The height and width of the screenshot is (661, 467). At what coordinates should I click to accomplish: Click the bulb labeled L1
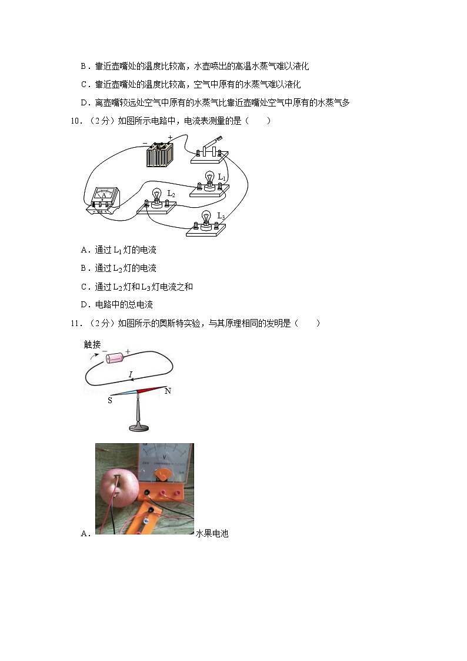coord(209,179)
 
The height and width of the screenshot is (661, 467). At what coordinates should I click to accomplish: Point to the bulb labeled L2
coord(156,197)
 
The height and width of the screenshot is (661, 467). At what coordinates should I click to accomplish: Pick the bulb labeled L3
coord(206,220)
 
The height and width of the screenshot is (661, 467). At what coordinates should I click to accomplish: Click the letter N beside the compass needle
coord(168,391)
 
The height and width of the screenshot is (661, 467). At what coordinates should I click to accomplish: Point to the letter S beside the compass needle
coord(109,400)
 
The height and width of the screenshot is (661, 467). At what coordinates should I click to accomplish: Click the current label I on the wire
coord(131,374)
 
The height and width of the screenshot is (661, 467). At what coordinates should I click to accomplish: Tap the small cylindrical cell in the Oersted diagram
coord(113,357)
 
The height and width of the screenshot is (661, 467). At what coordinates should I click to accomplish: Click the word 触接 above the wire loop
coord(92,345)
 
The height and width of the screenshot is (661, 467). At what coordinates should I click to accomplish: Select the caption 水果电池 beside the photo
coord(212,534)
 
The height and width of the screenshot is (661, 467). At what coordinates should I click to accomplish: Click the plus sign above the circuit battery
coord(170,138)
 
